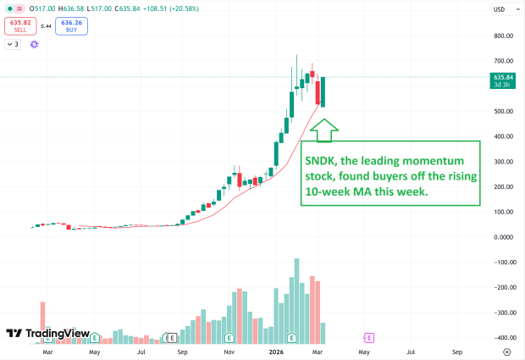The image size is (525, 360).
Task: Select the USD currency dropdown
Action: [x=500, y=10]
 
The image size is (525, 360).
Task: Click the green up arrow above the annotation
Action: [x=324, y=129]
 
